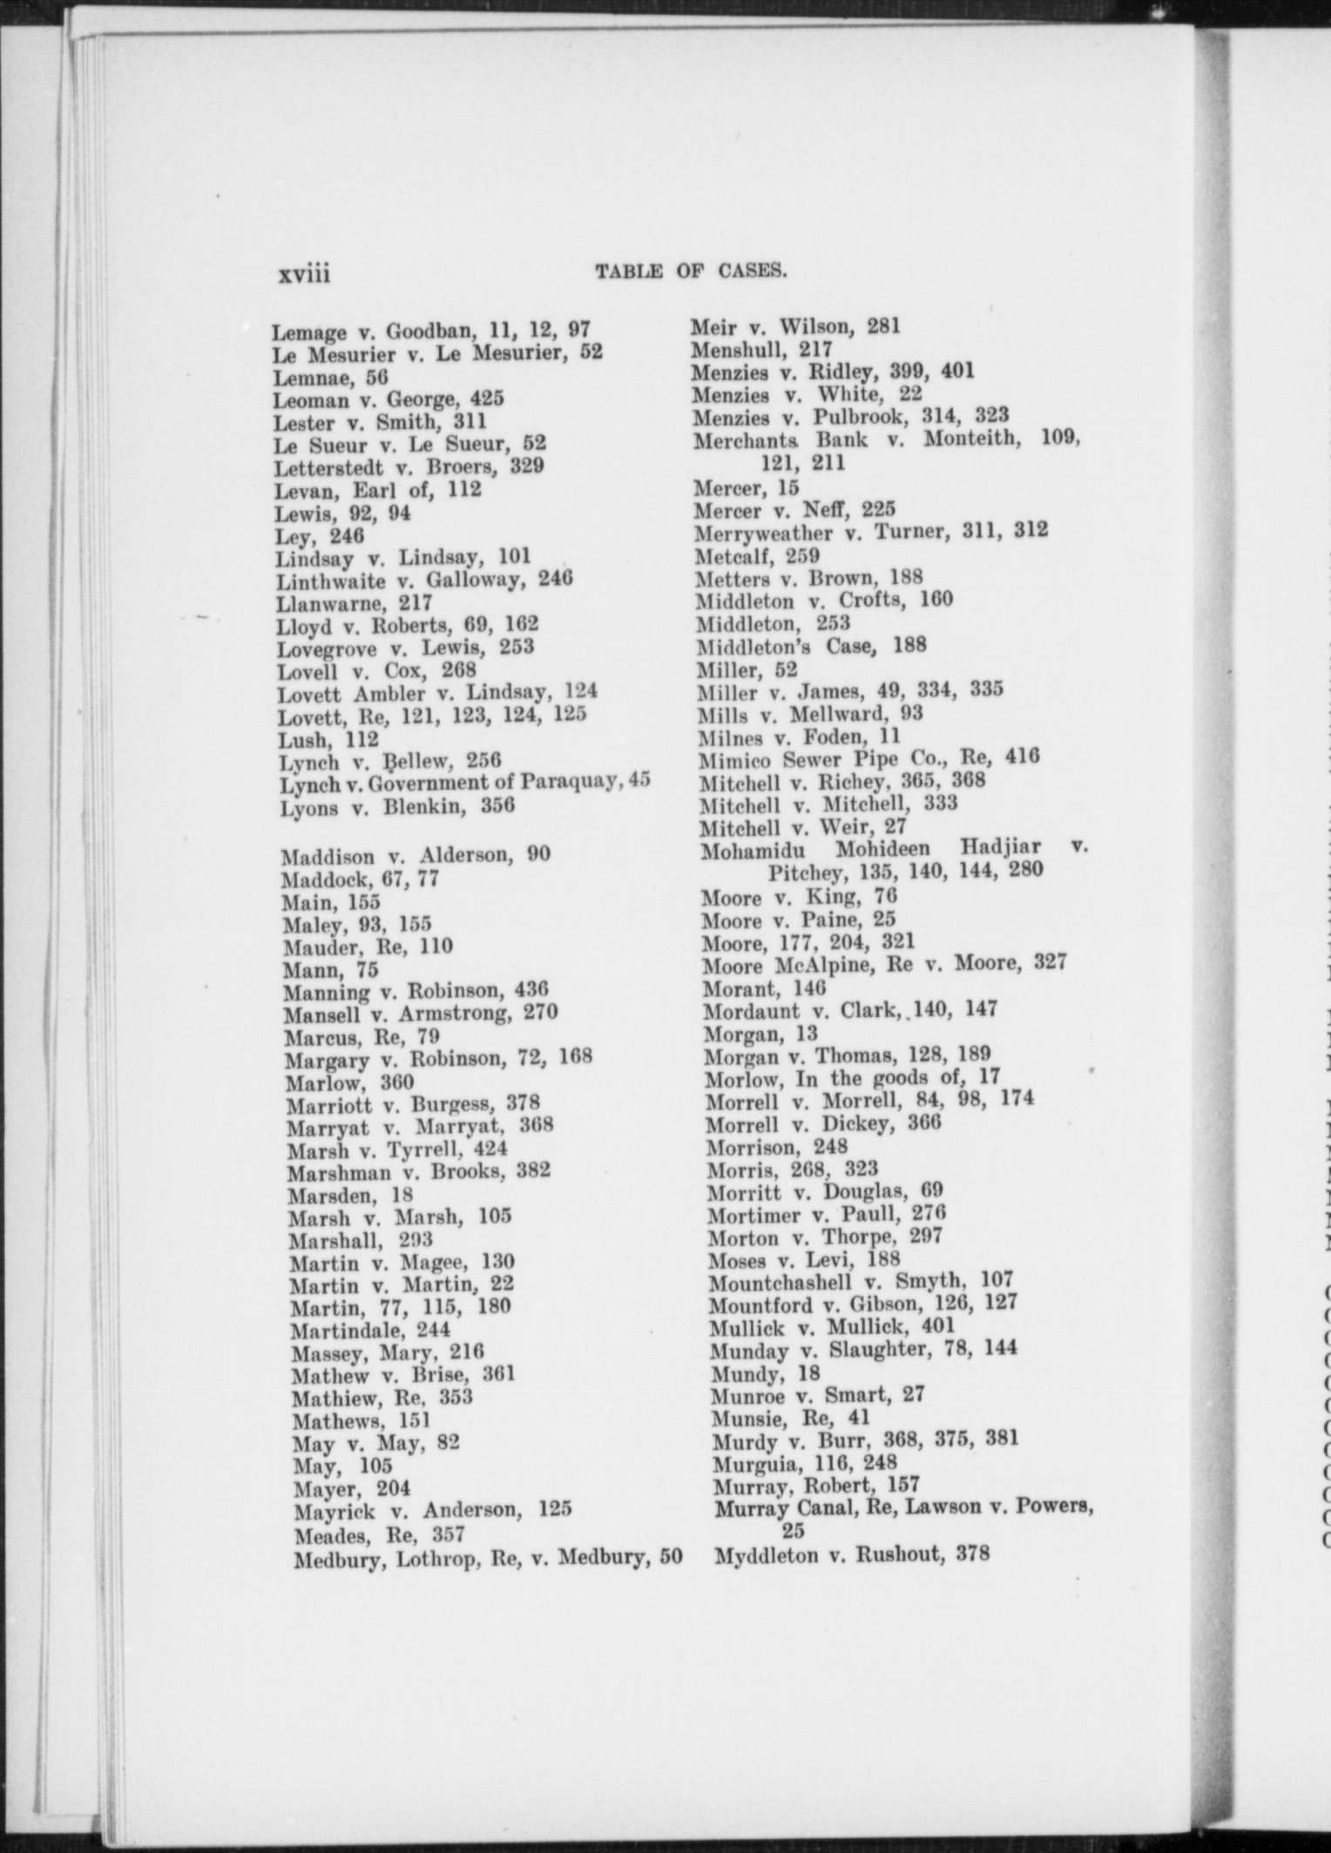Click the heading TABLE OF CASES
coord(691,272)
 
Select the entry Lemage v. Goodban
coord(431,331)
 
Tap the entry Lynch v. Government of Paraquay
coord(464,783)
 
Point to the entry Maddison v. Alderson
coord(416,854)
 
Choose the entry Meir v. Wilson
coord(795,327)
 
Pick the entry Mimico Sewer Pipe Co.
coord(868,758)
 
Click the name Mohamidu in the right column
coord(753,847)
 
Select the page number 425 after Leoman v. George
coord(487,400)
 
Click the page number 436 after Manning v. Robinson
coord(531,990)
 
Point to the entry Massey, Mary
coord(387,1352)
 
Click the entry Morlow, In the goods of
coord(852,1078)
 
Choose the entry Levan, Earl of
coord(377,489)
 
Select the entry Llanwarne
coord(354,603)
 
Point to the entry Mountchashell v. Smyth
coord(861,1281)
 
